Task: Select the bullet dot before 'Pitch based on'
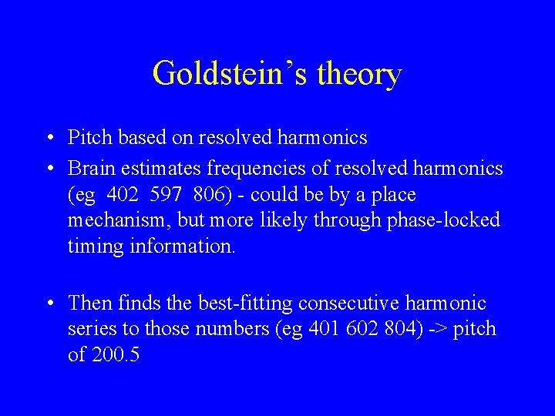[49, 139]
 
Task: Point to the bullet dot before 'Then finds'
[49, 304]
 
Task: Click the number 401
[325, 330]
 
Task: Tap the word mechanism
[116, 221]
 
